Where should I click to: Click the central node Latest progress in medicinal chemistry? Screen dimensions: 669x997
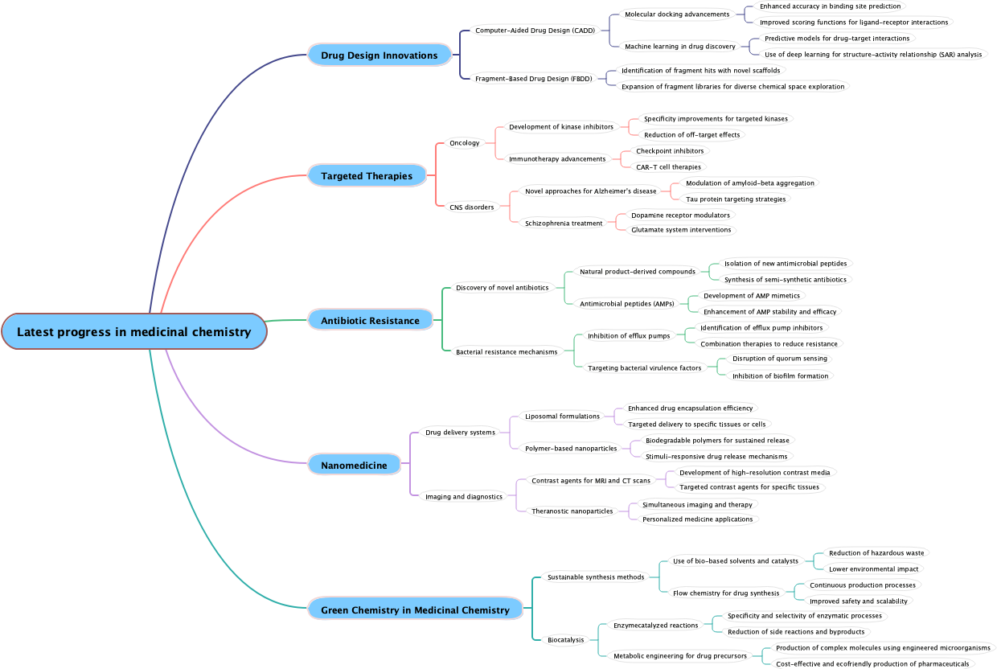pos(133,332)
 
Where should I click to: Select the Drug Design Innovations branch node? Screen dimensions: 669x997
pos(379,55)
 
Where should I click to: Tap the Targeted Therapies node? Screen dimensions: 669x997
pos(367,176)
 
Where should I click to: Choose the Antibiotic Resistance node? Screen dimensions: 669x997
pos(370,321)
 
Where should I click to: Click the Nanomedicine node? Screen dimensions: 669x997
pos(354,466)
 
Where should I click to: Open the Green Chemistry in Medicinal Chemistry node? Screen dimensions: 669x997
pos(415,610)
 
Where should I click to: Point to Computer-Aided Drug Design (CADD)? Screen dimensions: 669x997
pos(535,31)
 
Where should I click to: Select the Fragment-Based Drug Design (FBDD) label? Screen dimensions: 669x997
pos(533,79)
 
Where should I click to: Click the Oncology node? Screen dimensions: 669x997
pos(464,143)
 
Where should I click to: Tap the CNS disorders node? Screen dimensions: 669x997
pos(471,207)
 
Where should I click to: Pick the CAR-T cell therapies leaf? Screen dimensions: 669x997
pos(668,167)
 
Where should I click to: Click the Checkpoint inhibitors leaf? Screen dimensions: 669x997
pos(669,151)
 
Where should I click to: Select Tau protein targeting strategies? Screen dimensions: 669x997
pos(736,199)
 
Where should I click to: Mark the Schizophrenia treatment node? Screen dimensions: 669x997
pos(564,224)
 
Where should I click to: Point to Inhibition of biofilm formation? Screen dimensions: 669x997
pos(779,376)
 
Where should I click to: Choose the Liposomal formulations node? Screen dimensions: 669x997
pos(562,417)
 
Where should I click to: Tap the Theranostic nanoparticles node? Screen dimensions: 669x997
pos(572,511)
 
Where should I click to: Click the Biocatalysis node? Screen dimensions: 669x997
pos(567,640)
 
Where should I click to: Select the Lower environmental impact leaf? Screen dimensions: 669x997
pos(873,569)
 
